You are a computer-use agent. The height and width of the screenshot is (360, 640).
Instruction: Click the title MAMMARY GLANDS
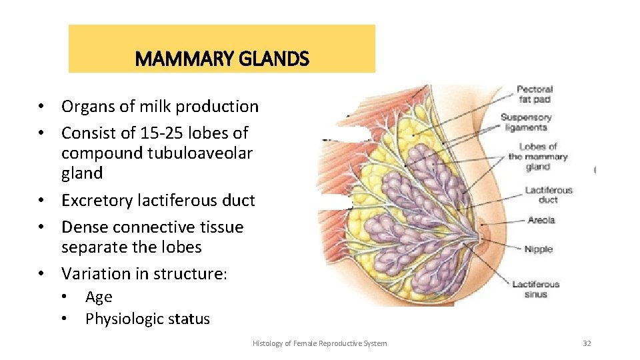[222, 59]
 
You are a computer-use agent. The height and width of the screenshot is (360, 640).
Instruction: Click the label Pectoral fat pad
[535, 95]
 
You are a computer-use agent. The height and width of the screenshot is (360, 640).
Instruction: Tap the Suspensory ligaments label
[525, 123]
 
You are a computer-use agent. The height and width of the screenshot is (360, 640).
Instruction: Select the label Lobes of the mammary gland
[537, 157]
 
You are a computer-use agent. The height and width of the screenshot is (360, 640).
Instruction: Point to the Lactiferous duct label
[548, 195]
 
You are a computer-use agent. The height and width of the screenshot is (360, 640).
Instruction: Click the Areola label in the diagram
[541, 220]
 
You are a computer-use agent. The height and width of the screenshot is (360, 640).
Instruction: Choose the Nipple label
[538, 249]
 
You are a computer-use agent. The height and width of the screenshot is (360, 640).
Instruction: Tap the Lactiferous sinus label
[535, 289]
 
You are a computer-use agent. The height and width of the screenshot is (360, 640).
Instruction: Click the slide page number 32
[587, 343]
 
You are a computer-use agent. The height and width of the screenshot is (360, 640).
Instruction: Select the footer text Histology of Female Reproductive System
[319, 343]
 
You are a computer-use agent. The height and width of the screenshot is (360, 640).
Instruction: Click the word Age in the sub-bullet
[99, 297]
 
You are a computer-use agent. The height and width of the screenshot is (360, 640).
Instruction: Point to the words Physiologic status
[147, 319]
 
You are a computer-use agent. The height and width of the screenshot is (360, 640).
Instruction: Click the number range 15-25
[157, 133]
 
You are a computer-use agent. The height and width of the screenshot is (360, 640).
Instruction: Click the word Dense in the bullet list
[83, 227]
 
